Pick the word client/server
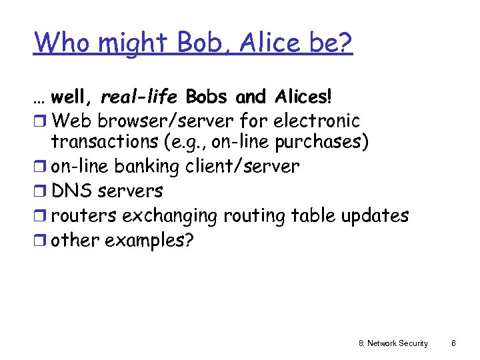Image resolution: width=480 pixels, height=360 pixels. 243,166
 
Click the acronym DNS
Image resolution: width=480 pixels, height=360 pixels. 72,191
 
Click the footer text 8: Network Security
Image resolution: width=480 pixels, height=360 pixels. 393,343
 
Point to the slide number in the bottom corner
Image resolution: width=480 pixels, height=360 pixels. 453,343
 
